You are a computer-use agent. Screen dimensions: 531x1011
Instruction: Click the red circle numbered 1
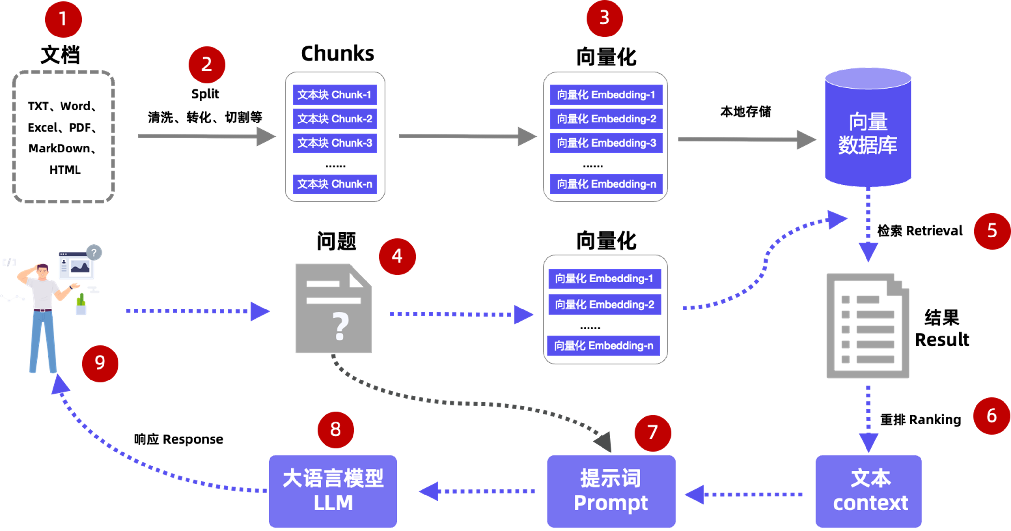[63, 19]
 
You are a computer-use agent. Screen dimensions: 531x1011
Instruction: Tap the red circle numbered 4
[397, 256]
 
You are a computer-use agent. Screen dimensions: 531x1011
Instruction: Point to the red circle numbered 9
[100, 363]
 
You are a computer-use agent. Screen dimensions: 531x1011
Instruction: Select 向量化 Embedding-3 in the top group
[606, 143]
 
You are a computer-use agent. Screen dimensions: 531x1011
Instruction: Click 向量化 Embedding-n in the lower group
[603, 346]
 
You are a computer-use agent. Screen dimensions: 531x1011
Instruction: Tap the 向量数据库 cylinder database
[868, 130]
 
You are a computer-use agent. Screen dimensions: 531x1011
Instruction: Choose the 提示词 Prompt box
[611, 491]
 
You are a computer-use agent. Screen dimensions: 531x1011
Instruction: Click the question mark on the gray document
[340, 326]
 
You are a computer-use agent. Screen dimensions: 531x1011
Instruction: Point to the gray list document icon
[868, 326]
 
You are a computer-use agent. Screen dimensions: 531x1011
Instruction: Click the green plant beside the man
[81, 300]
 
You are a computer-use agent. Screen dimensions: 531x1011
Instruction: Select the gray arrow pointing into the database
[746, 140]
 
